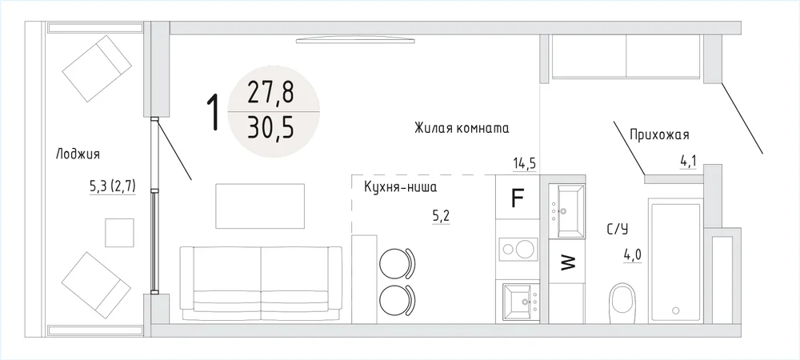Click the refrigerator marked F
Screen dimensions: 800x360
(518, 197)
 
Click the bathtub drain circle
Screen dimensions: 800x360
(676, 310)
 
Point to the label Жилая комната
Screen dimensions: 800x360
(462, 127)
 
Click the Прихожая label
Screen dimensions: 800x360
(660, 135)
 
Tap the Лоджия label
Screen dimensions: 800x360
(78, 154)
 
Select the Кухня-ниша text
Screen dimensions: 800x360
(400, 187)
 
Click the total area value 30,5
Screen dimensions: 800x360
(270, 129)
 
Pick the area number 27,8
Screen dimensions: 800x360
(270, 94)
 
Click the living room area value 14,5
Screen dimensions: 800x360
(524, 164)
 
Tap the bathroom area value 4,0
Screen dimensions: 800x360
(632, 254)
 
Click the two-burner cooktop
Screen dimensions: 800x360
(518, 249)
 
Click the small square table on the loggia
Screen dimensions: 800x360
(119, 233)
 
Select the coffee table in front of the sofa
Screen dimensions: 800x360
(260, 206)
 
